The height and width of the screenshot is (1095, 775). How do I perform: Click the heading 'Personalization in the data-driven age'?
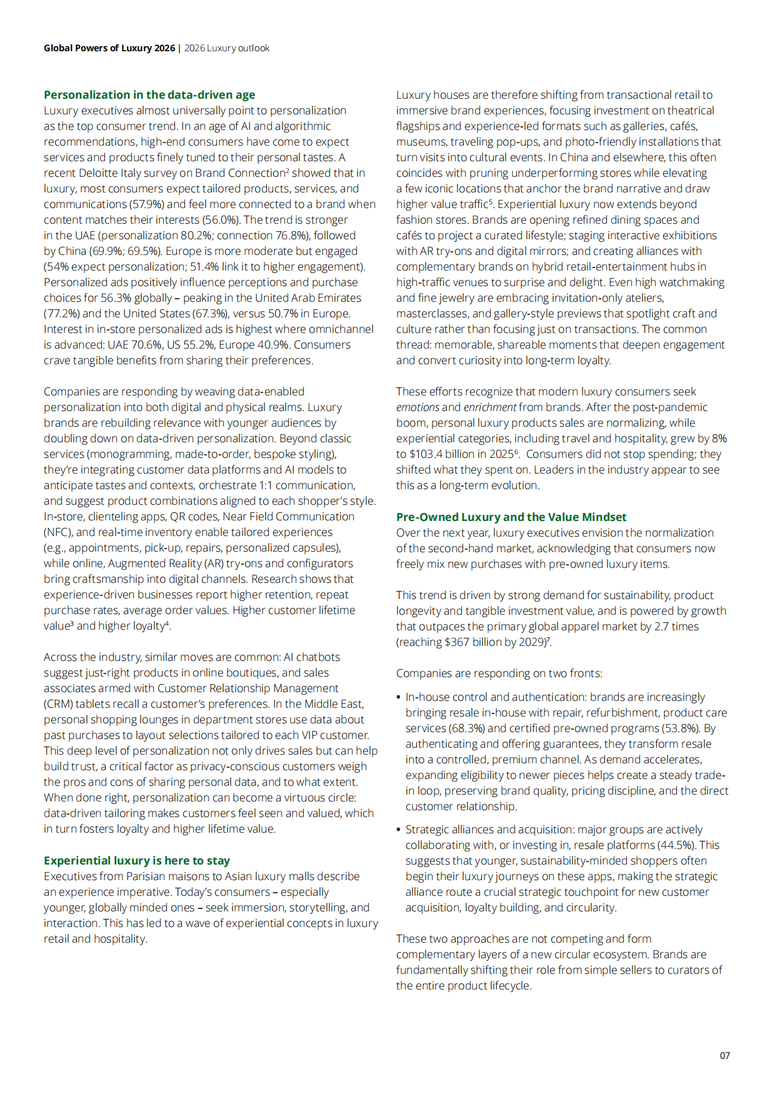pos(149,95)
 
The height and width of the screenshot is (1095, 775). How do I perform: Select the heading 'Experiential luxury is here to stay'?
pos(137,861)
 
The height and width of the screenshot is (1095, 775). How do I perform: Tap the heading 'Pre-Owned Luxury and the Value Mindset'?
pos(511,517)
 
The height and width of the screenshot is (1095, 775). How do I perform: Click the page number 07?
pos(724,1056)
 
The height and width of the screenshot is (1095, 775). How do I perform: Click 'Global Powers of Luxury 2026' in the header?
pos(109,48)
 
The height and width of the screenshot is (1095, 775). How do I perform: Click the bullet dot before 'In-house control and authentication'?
pos(399,697)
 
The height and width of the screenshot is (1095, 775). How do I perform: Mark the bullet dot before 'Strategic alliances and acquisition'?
pos(399,830)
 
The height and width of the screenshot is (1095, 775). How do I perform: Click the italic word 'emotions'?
pos(417,407)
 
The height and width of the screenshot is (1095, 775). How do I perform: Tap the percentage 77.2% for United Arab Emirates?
pos(62,314)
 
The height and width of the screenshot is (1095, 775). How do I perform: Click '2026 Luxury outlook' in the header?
pos(227,48)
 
